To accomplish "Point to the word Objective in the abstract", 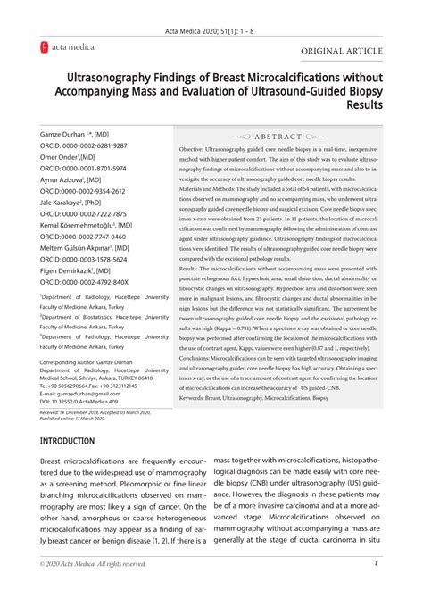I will tap(195, 149).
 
